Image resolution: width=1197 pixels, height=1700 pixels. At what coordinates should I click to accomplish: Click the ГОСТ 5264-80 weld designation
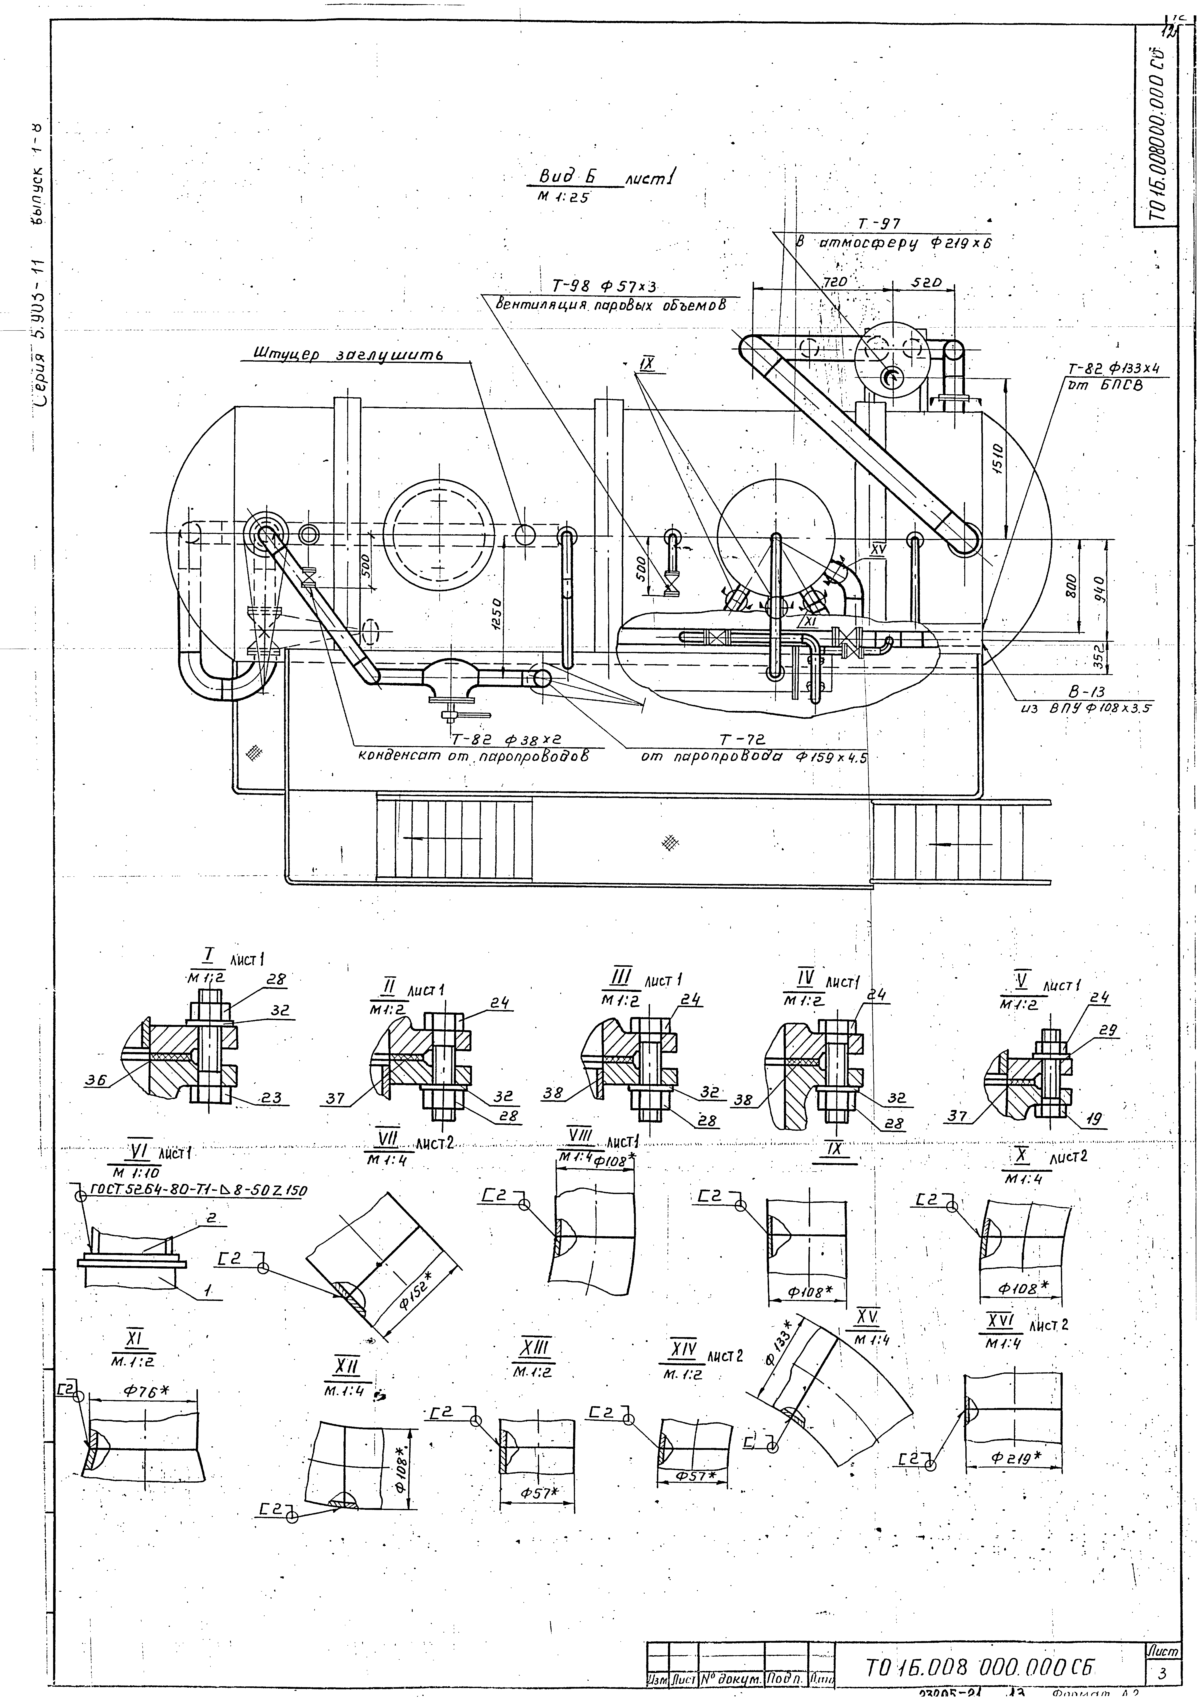(x=198, y=1191)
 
